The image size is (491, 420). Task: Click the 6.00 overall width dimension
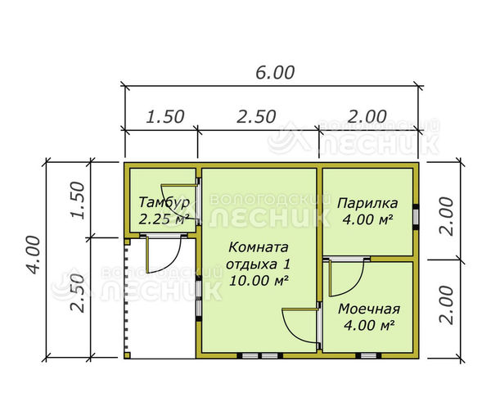[275, 73]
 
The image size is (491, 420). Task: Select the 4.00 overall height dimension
[34, 255]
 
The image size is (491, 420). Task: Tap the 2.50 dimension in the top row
[256, 117]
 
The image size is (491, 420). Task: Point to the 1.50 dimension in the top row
[165, 117]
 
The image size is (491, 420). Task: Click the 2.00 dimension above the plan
[367, 117]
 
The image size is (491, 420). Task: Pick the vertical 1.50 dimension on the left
[78, 200]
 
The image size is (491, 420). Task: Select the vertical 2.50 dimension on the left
[78, 293]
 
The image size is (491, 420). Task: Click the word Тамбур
[164, 202]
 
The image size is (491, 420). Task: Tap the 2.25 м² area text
[164, 219]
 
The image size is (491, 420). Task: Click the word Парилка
[367, 203]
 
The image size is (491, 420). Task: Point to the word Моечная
[369, 309]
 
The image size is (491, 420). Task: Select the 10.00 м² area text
[259, 280]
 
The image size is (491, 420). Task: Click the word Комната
[259, 247]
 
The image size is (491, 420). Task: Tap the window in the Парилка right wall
[416, 217]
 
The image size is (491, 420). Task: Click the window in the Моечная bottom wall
[368, 356]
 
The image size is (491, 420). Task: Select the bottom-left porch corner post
[127, 355]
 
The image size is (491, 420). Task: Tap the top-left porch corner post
[127, 242]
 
